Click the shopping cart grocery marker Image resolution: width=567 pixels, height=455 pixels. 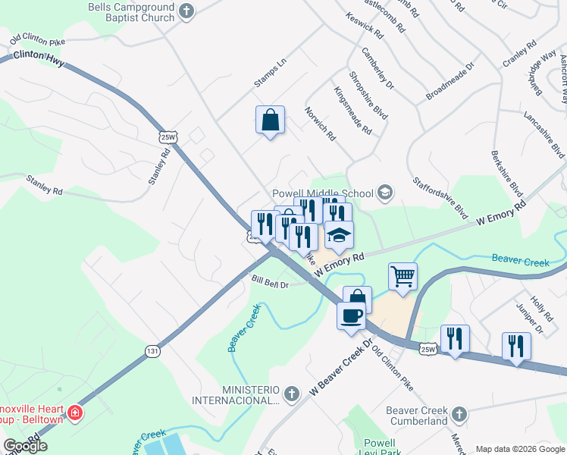click(403, 275)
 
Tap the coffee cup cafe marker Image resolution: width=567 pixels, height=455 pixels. click(351, 315)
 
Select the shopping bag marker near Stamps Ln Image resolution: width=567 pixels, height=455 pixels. click(270, 120)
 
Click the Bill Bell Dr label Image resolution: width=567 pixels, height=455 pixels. click(270, 283)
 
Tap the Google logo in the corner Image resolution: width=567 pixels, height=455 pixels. click(25, 446)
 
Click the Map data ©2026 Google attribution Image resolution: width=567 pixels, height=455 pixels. click(518, 448)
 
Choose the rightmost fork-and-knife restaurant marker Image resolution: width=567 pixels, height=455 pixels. click(516, 346)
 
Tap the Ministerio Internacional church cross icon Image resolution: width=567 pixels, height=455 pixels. click(292, 394)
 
